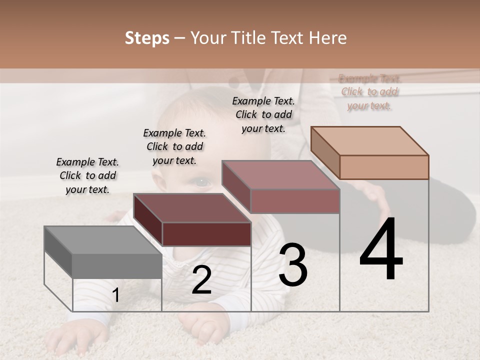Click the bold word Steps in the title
tap(147, 38)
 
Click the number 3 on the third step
tap(293, 264)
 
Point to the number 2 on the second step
tap(201, 280)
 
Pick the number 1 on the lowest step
tap(115, 295)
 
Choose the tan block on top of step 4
tap(370, 152)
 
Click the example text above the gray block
tap(87, 175)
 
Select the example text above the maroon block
tap(174, 146)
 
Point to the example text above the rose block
tap(263, 114)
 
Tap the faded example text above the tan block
tap(369, 92)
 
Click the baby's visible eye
tap(201, 181)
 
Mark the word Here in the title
tap(328, 38)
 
